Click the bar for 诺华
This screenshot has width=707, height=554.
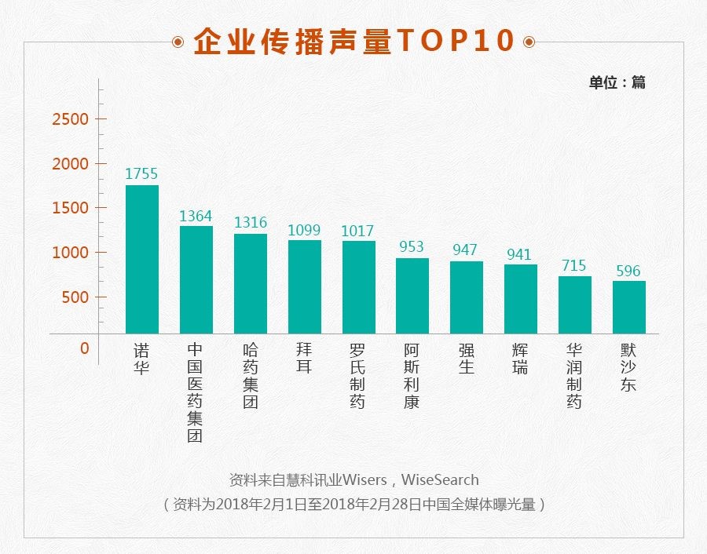pos(142,259)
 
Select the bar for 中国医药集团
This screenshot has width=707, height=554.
pos(196,280)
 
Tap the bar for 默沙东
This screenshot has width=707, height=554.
pos(629,307)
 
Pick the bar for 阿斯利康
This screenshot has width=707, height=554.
pos(412,296)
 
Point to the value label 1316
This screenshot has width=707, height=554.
pos(251,223)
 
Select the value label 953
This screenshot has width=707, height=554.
pos(412,247)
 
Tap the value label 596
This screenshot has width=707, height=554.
pos(629,271)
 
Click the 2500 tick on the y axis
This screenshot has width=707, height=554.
pos(70,119)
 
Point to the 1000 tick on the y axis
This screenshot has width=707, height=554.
pos(70,253)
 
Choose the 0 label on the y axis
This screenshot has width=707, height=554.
pos(85,348)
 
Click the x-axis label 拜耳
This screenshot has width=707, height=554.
pos(304,358)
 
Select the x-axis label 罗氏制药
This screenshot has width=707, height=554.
pos(358,375)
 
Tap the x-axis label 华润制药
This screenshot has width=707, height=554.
pos(574,375)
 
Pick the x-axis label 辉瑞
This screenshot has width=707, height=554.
pos(520,358)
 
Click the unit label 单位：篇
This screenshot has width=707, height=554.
pos(617,82)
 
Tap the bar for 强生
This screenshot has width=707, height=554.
pos(467,297)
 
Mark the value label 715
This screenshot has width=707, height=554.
pos(574,266)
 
